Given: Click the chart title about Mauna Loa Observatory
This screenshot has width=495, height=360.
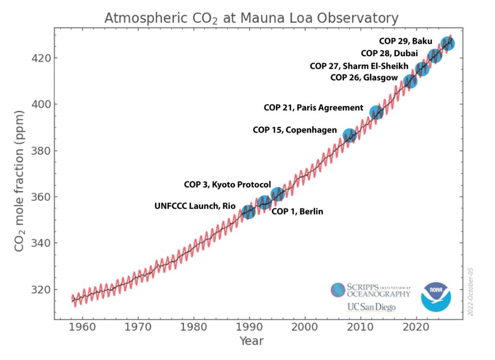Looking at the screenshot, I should click(x=252, y=18).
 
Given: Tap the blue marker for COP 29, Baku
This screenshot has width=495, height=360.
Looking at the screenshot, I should click(x=448, y=43).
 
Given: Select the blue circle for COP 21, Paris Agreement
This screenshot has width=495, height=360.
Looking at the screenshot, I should click(x=376, y=112).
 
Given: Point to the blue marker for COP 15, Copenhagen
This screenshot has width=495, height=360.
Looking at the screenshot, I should click(x=350, y=135).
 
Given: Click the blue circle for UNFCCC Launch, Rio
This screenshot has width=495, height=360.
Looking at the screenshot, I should click(x=248, y=211).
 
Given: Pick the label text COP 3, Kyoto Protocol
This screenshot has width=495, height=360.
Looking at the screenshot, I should click(x=227, y=184).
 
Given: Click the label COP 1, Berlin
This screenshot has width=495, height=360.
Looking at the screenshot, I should click(x=297, y=211).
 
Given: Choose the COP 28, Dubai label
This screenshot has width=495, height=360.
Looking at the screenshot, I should click(x=389, y=53).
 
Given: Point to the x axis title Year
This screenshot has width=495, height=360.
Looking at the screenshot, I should click(x=252, y=342).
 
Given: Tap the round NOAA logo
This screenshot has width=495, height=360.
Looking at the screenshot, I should click(x=436, y=297).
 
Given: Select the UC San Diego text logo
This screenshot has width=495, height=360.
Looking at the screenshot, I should click(x=371, y=307).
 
